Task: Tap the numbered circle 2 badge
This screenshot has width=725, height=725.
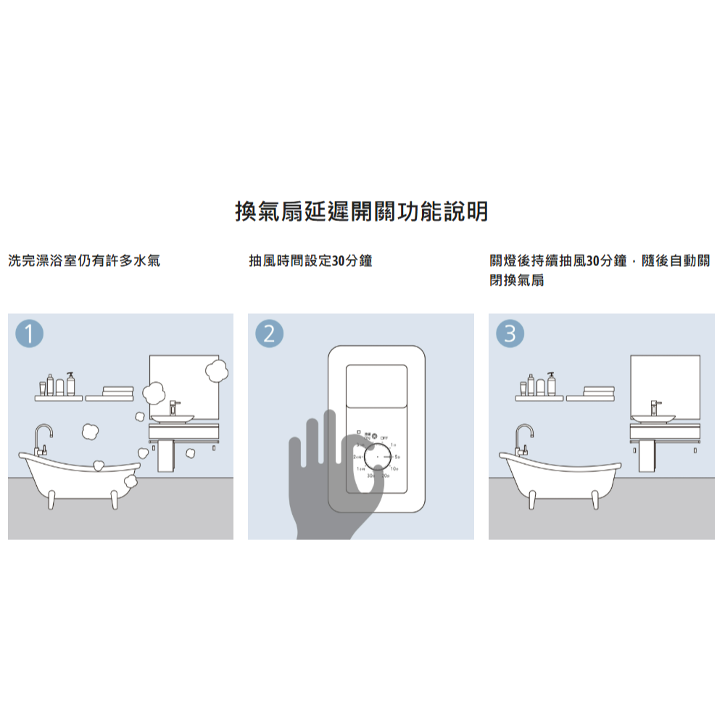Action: [269, 334]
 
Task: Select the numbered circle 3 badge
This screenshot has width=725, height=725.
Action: [509, 334]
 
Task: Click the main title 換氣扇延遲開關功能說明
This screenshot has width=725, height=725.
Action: [362, 212]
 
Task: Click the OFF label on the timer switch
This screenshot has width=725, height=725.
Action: [384, 437]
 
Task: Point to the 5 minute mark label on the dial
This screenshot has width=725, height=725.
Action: [398, 457]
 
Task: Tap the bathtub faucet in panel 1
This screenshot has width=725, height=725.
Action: [42, 439]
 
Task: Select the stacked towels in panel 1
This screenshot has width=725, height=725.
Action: [117, 391]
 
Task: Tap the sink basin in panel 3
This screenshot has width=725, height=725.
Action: [652, 418]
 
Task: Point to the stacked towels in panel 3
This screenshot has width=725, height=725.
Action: [598, 391]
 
